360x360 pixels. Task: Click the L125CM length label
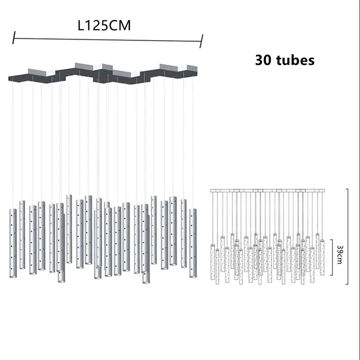pyautogui.click(x=104, y=25)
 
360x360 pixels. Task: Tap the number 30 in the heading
pyautogui.click(x=264, y=60)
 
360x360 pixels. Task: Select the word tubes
pyautogui.click(x=295, y=60)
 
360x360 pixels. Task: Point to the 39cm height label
pyautogui.click(x=340, y=255)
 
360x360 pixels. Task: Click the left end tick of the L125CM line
pyautogui.click(x=14, y=37)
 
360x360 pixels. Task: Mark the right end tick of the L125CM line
pyautogui.click(x=201, y=41)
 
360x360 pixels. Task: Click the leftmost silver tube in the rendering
pyautogui.click(x=13, y=243)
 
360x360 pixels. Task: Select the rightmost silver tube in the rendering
pyautogui.click(x=193, y=243)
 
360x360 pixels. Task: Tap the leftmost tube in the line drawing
pyautogui.click(x=212, y=262)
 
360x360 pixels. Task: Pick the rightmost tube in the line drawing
pyautogui.click(x=322, y=257)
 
